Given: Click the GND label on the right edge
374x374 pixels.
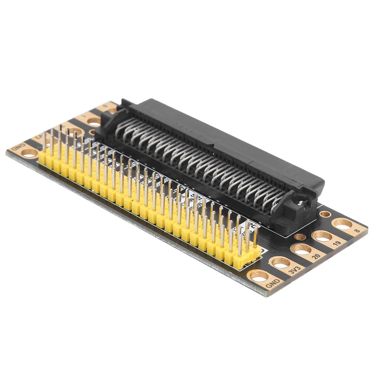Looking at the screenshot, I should [x=272, y=283].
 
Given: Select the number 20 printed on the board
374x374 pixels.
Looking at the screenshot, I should [x=316, y=257].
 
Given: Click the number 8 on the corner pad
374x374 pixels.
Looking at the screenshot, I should [x=357, y=230].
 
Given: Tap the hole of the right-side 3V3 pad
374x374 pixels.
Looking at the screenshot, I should [x=280, y=262].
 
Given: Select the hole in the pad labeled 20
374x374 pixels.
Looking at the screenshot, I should [x=302, y=250].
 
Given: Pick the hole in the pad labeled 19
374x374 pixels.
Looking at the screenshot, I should [x=323, y=236].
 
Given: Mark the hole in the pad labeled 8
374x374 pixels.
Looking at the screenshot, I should [x=342, y=223].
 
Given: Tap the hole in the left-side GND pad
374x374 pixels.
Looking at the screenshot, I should [x=29, y=152].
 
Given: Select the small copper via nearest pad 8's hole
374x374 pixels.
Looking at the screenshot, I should [x=325, y=214].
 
